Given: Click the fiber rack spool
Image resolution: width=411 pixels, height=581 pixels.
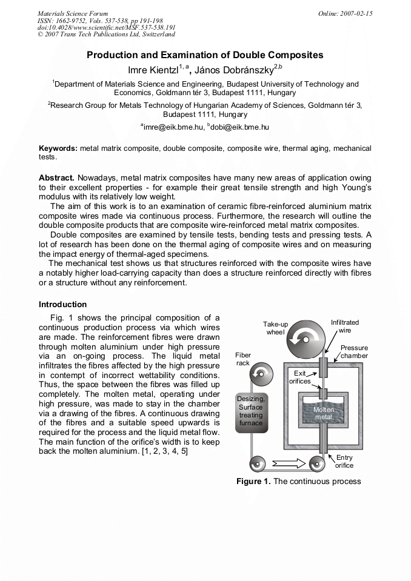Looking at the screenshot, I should tap(261, 372).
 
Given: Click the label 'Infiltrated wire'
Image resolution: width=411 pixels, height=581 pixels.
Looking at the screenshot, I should tap(344, 327).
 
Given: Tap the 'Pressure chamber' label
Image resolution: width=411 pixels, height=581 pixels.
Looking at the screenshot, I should tap(354, 352).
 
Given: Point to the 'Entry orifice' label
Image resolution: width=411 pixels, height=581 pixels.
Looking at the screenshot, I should tap(344, 462).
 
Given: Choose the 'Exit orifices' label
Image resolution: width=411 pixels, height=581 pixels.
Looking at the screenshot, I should tap(300, 377).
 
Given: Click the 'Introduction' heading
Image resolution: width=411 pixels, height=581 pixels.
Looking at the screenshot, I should tap(62, 304).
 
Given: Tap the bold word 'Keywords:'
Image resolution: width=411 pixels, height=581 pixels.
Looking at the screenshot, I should tap(58, 148).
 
